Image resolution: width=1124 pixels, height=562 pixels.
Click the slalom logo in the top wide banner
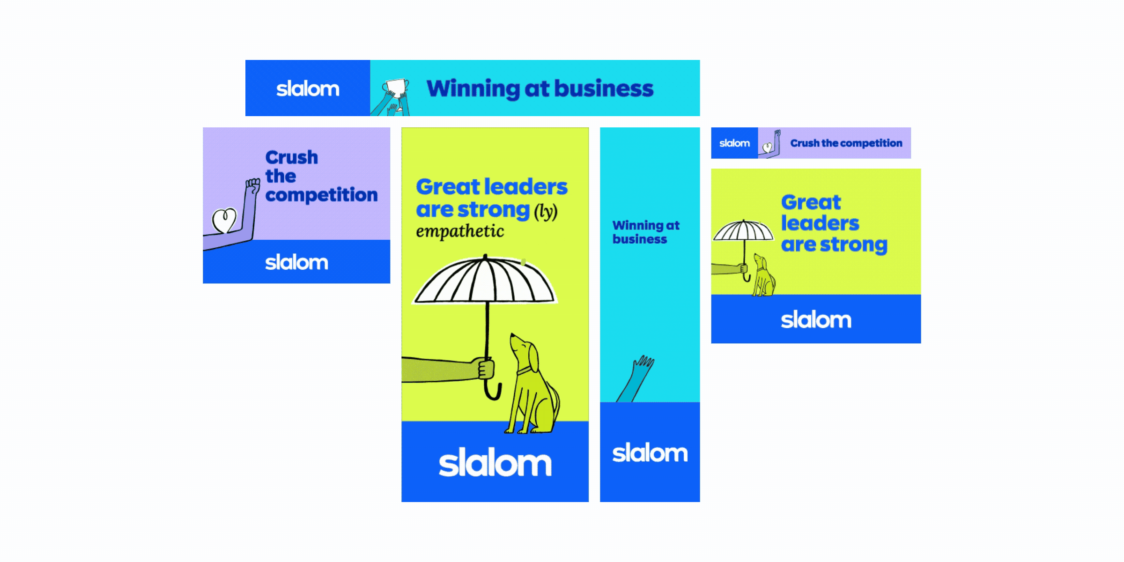pyautogui.click(x=308, y=89)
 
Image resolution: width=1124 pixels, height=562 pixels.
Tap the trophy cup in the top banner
pyautogui.click(x=395, y=88)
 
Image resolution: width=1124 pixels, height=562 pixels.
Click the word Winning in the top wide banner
pyautogui.click(x=473, y=89)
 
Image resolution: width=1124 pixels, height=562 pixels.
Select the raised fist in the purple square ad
pyautogui.click(x=253, y=186)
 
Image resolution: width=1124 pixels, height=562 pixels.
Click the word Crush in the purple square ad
pyautogui.click(x=291, y=157)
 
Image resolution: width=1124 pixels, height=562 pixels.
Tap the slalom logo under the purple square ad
pyautogui.click(x=296, y=262)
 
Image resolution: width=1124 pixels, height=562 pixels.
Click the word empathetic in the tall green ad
pyautogui.click(x=460, y=231)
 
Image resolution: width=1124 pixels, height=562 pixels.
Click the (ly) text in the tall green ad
pyautogui.click(x=546, y=211)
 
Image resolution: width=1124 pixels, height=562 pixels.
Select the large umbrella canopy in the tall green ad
pyautogui.click(x=485, y=281)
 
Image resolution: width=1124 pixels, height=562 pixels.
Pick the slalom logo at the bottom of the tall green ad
pyautogui.click(x=495, y=464)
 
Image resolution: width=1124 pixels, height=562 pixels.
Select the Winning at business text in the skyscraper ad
pyautogui.click(x=645, y=232)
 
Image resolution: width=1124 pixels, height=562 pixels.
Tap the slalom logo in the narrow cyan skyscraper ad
pyautogui.click(x=650, y=453)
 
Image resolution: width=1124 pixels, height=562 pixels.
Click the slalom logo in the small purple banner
pyautogui.click(x=734, y=143)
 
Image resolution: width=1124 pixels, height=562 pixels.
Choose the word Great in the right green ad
pyautogui.click(x=811, y=202)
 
